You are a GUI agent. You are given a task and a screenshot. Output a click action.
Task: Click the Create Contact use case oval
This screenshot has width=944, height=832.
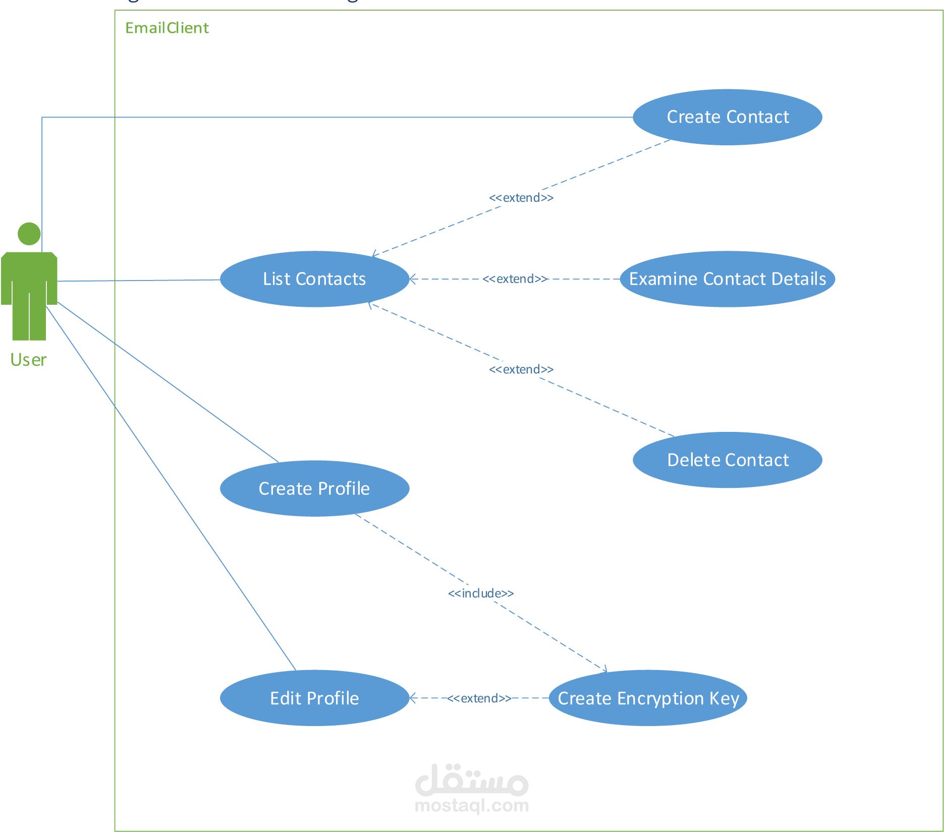(x=727, y=117)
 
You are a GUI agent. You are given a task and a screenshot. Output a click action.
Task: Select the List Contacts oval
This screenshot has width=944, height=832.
(x=314, y=279)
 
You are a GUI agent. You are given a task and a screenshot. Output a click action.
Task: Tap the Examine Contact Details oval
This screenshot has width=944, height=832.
(x=727, y=279)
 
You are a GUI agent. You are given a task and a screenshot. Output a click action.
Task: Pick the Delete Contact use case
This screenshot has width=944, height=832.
(x=727, y=460)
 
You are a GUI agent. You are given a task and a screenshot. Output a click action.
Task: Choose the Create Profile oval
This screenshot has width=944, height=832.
(x=314, y=488)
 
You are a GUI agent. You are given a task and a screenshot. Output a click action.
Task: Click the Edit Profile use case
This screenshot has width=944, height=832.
(x=314, y=698)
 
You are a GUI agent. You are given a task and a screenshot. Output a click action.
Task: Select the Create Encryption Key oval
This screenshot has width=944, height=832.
(x=648, y=698)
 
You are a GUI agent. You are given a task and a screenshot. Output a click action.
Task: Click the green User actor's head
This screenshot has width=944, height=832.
(x=29, y=234)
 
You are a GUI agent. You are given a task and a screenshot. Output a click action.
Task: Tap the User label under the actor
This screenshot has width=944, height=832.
(x=28, y=360)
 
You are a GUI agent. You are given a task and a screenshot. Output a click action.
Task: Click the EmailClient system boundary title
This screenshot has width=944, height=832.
(x=167, y=28)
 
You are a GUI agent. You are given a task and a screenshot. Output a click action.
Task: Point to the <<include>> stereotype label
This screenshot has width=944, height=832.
(x=480, y=593)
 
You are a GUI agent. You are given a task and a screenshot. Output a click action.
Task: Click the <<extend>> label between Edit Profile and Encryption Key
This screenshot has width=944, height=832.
(x=479, y=698)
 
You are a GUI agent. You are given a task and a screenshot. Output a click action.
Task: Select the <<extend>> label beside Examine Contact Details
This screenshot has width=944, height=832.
(x=515, y=279)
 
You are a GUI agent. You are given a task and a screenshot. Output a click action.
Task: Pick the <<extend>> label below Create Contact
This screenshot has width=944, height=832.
(x=521, y=198)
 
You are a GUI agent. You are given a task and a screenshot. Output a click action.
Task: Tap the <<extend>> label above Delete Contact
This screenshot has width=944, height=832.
(x=521, y=369)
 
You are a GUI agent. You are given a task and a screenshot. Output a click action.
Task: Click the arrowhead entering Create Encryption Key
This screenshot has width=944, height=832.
(x=604, y=671)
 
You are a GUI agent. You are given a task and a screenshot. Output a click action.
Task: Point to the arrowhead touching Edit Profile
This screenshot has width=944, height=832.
(x=412, y=698)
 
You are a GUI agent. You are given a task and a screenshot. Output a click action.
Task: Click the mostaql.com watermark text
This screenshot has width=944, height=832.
(x=471, y=805)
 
